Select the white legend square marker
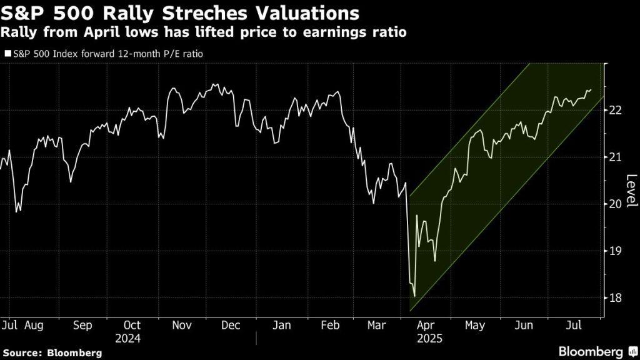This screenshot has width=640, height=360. pyautogui.click(x=8, y=54)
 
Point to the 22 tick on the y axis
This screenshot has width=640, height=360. pyautogui.click(x=615, y=110)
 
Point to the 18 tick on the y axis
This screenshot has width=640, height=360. pyautogui.click(x=615, y=298)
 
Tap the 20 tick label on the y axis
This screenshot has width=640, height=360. pyautogui.click(x=615, y=204)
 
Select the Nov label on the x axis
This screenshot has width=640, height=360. pyautogui.click(x=182, y=326)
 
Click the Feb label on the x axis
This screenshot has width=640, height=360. pyautogui.click(x=329, y=326)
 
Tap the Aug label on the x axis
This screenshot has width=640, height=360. pyautogui.click(x=33, y=326)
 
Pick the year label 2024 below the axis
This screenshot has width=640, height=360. pyautogui.click(x=131, y=339)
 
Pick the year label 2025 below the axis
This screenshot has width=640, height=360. pyautogui.click(x=429, y=339)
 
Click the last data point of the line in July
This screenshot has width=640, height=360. pyautogui.click(x=591, y=90)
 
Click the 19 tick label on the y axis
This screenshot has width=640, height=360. pyautogui.click(x=615, y=251)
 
